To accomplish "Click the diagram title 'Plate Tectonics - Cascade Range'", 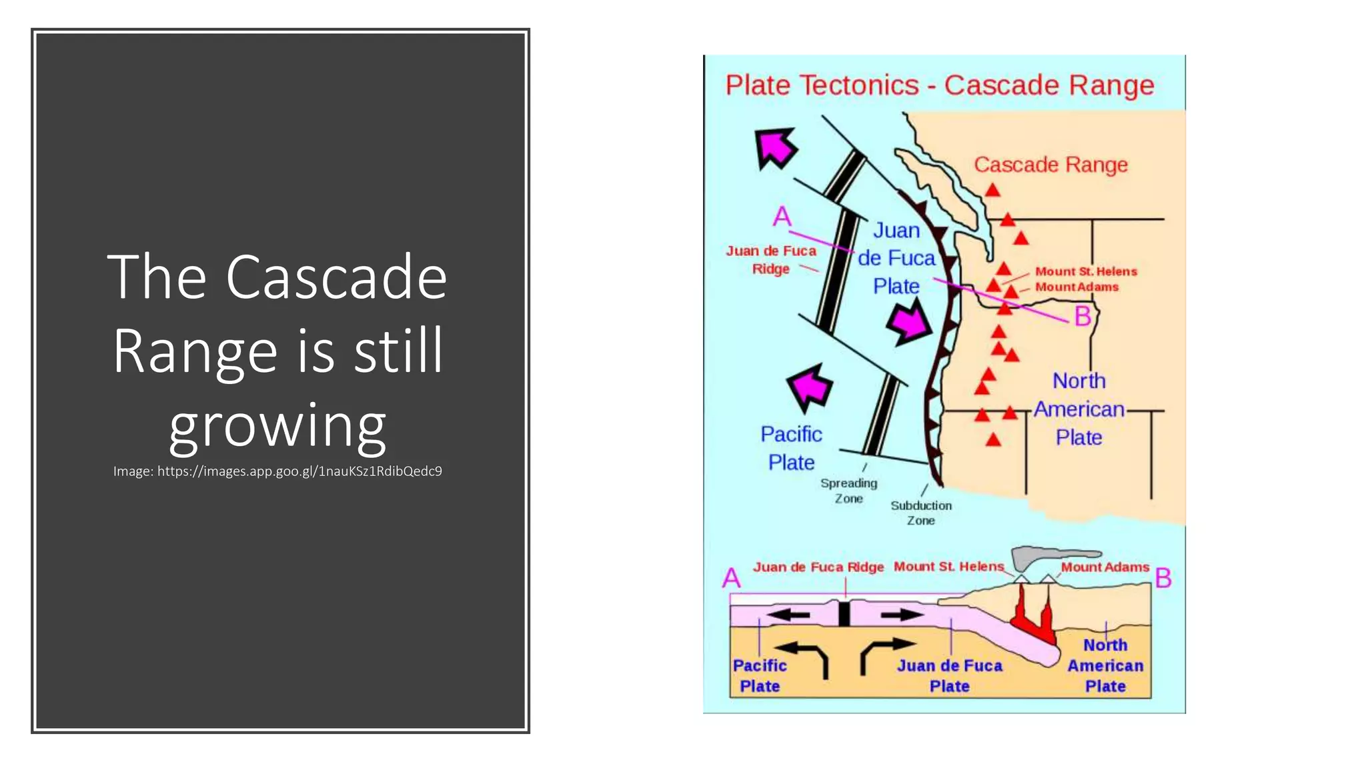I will point(939,85).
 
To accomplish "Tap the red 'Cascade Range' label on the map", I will point(1051,165).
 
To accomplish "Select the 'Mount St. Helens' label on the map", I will point(1086,271).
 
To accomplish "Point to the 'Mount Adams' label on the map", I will point(1077,287).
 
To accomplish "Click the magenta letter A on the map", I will point(782,217).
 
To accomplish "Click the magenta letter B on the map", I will point(1083,316).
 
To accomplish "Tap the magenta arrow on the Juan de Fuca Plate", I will point(909,322).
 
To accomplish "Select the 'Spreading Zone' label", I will point(848,491).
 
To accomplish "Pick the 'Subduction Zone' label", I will point(920,513).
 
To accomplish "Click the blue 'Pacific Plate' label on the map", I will point(791,448).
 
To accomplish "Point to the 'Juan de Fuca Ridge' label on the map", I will point(771,259).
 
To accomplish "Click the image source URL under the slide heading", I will point(277,471).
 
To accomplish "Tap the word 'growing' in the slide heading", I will point(277,425).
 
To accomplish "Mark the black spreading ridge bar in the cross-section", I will point(844,613).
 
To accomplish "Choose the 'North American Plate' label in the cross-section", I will point(1105,665).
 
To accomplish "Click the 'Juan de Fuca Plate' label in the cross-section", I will point(949,675).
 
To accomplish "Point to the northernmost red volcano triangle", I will point(992,191).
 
